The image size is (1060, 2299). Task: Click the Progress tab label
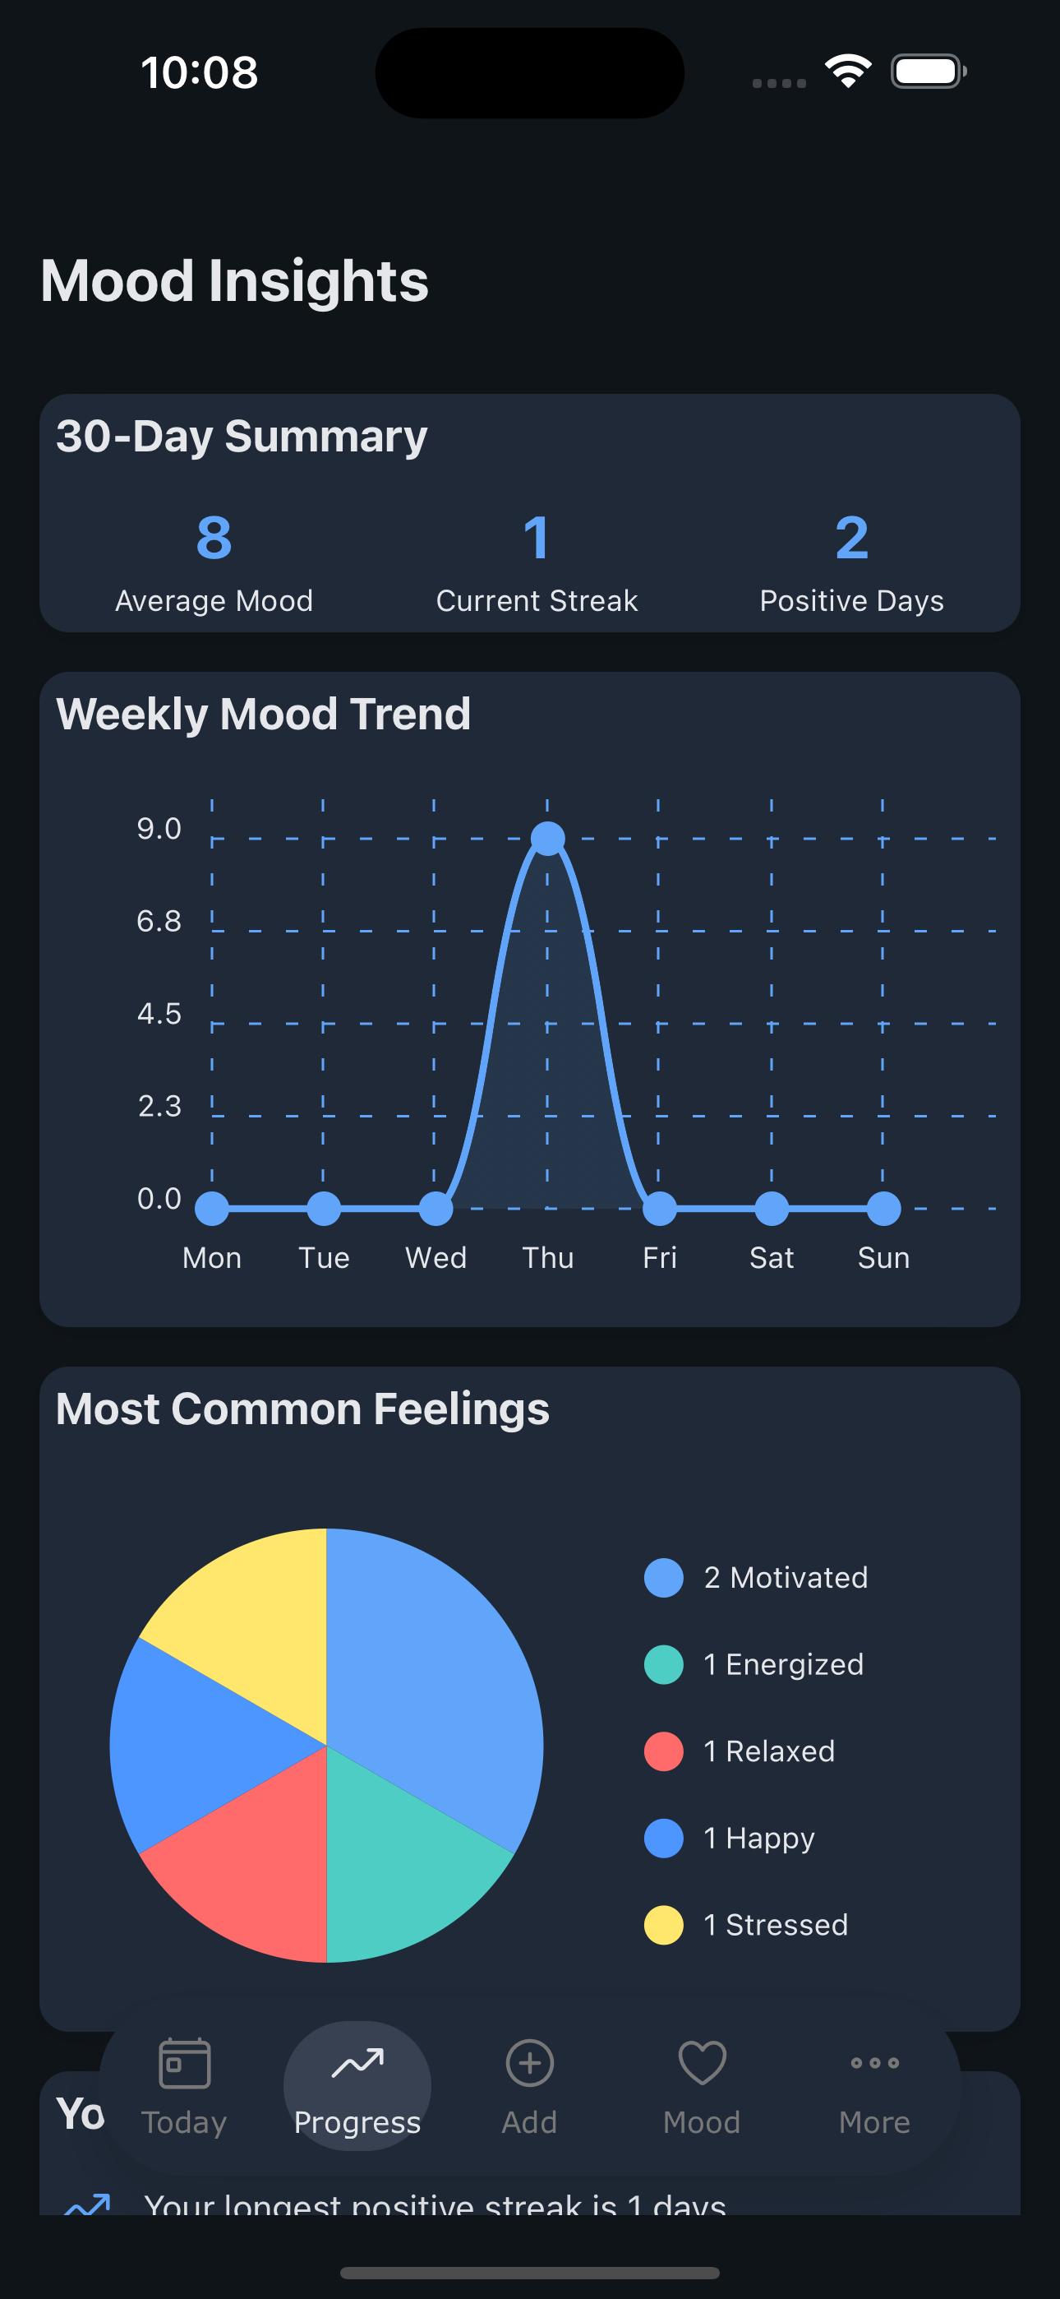(357, 2122)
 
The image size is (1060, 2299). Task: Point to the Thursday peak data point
(548, 838)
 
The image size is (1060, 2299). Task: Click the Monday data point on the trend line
(212, 1209)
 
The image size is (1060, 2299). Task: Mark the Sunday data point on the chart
(883, 1209)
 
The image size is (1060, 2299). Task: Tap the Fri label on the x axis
(659, 1257)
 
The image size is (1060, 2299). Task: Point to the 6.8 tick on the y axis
(159, 921)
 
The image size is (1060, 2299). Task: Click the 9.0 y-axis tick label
(159, 829)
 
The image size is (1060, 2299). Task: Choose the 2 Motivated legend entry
(786, 1578)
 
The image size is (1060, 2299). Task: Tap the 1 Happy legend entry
(758, 1839)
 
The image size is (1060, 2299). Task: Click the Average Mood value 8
(214, 538)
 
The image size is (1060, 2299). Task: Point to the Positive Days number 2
(851, 538)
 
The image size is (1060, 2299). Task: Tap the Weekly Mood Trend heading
(263, 714)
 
